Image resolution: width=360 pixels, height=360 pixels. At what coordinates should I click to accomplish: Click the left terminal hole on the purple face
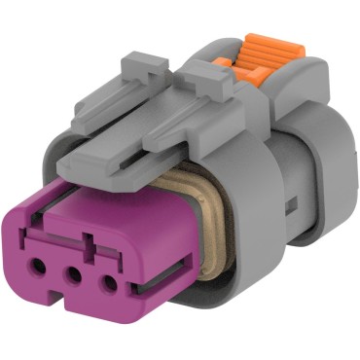[x=38, y=264]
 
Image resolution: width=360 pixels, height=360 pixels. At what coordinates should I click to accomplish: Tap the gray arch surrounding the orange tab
[x=292, y=73]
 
